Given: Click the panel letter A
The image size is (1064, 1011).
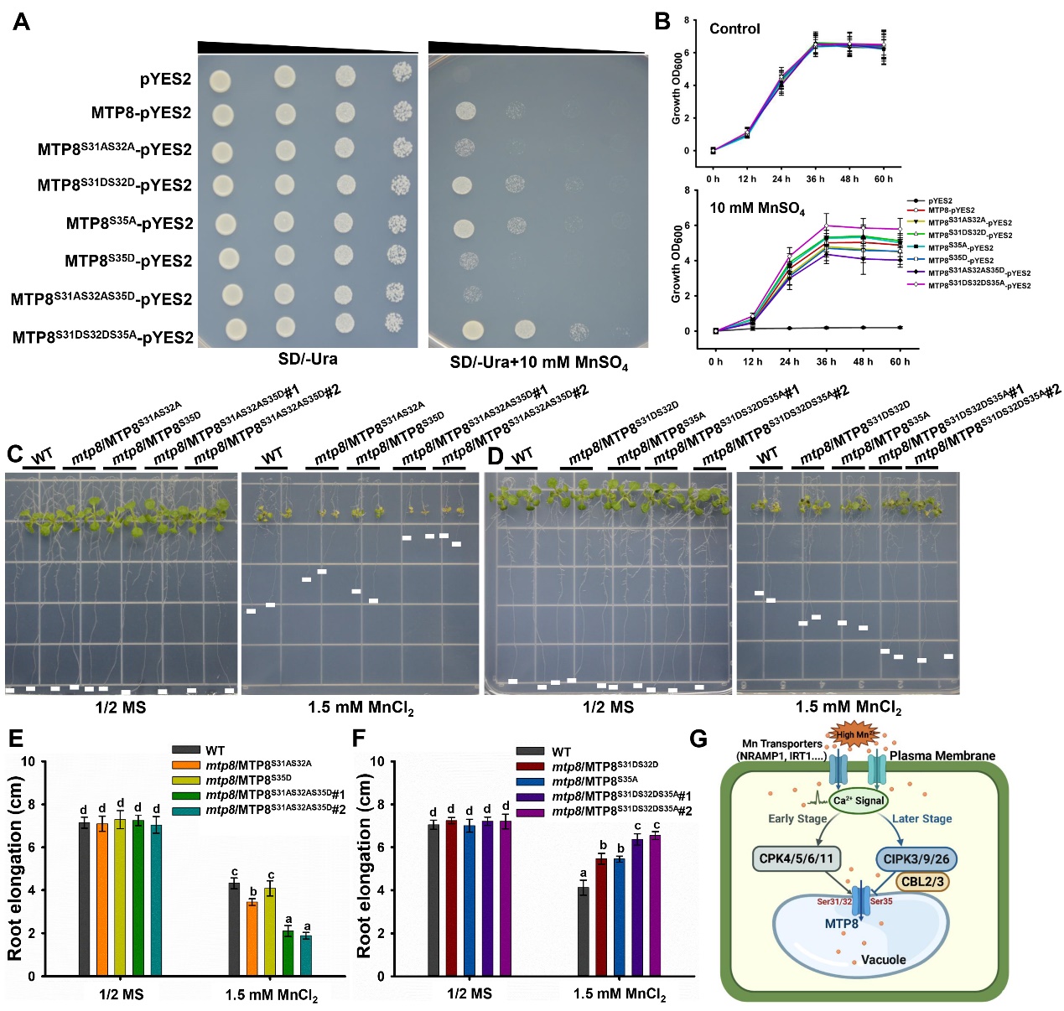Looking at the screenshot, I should pyautogui.click(x=21, y=21).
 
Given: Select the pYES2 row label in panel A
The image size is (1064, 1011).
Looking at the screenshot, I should pyautogui.click(x=165, y=80).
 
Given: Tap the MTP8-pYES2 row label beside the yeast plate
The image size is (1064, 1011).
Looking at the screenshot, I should pyautogui.click(x=141, y=113).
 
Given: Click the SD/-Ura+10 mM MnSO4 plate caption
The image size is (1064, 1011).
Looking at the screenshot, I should pyautogui.click(x=538, y=363).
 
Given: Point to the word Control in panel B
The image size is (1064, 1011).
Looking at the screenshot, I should pyautogui.click(x=734, y=29).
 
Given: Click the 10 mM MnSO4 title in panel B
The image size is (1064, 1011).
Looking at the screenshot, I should pyautogui.click(x=756, y=208).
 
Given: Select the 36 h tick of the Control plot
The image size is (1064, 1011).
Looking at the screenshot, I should pyautogui.click(x=815, y=179).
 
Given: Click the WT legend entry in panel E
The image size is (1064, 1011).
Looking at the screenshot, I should pyautogui.click(x=215, y=750).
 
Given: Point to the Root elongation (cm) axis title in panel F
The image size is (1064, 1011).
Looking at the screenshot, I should pyautogui.click(x=364, y=866).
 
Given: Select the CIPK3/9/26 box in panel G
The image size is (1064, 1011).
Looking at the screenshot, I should pyautogui.click(x=916, y=859).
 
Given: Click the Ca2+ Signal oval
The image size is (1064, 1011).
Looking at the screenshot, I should pyautogui.click(x=859, y=801).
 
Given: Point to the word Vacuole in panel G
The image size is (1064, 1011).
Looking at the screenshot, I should pyautogui.click(x=883, y=959).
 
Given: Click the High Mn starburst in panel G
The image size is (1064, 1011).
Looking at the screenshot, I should pyautogui.click(x=853, y=734).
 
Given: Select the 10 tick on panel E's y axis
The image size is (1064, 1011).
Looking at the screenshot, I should pyautogui.click(x=29, y=762).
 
